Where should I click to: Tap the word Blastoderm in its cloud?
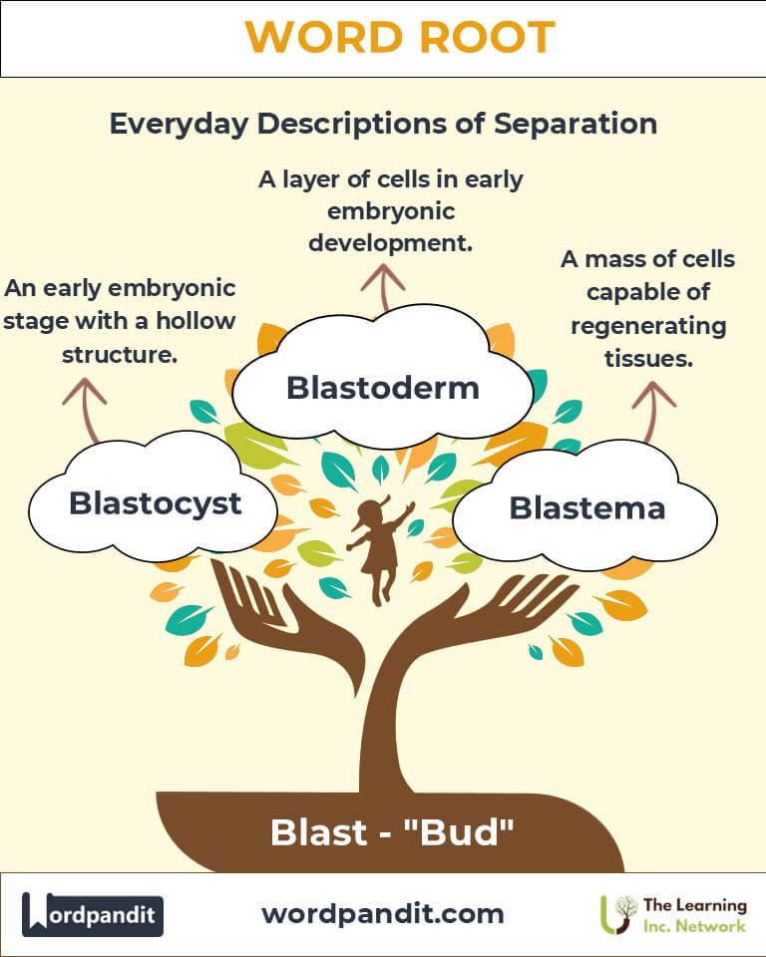tap(383, 388)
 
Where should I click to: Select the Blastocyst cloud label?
tap(155, 503)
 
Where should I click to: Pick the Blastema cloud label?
tap(586, 507)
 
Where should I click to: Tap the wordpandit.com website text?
tap(383, 913)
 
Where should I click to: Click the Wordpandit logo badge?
tap(93, 914)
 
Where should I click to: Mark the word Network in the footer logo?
tap(708, 926)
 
